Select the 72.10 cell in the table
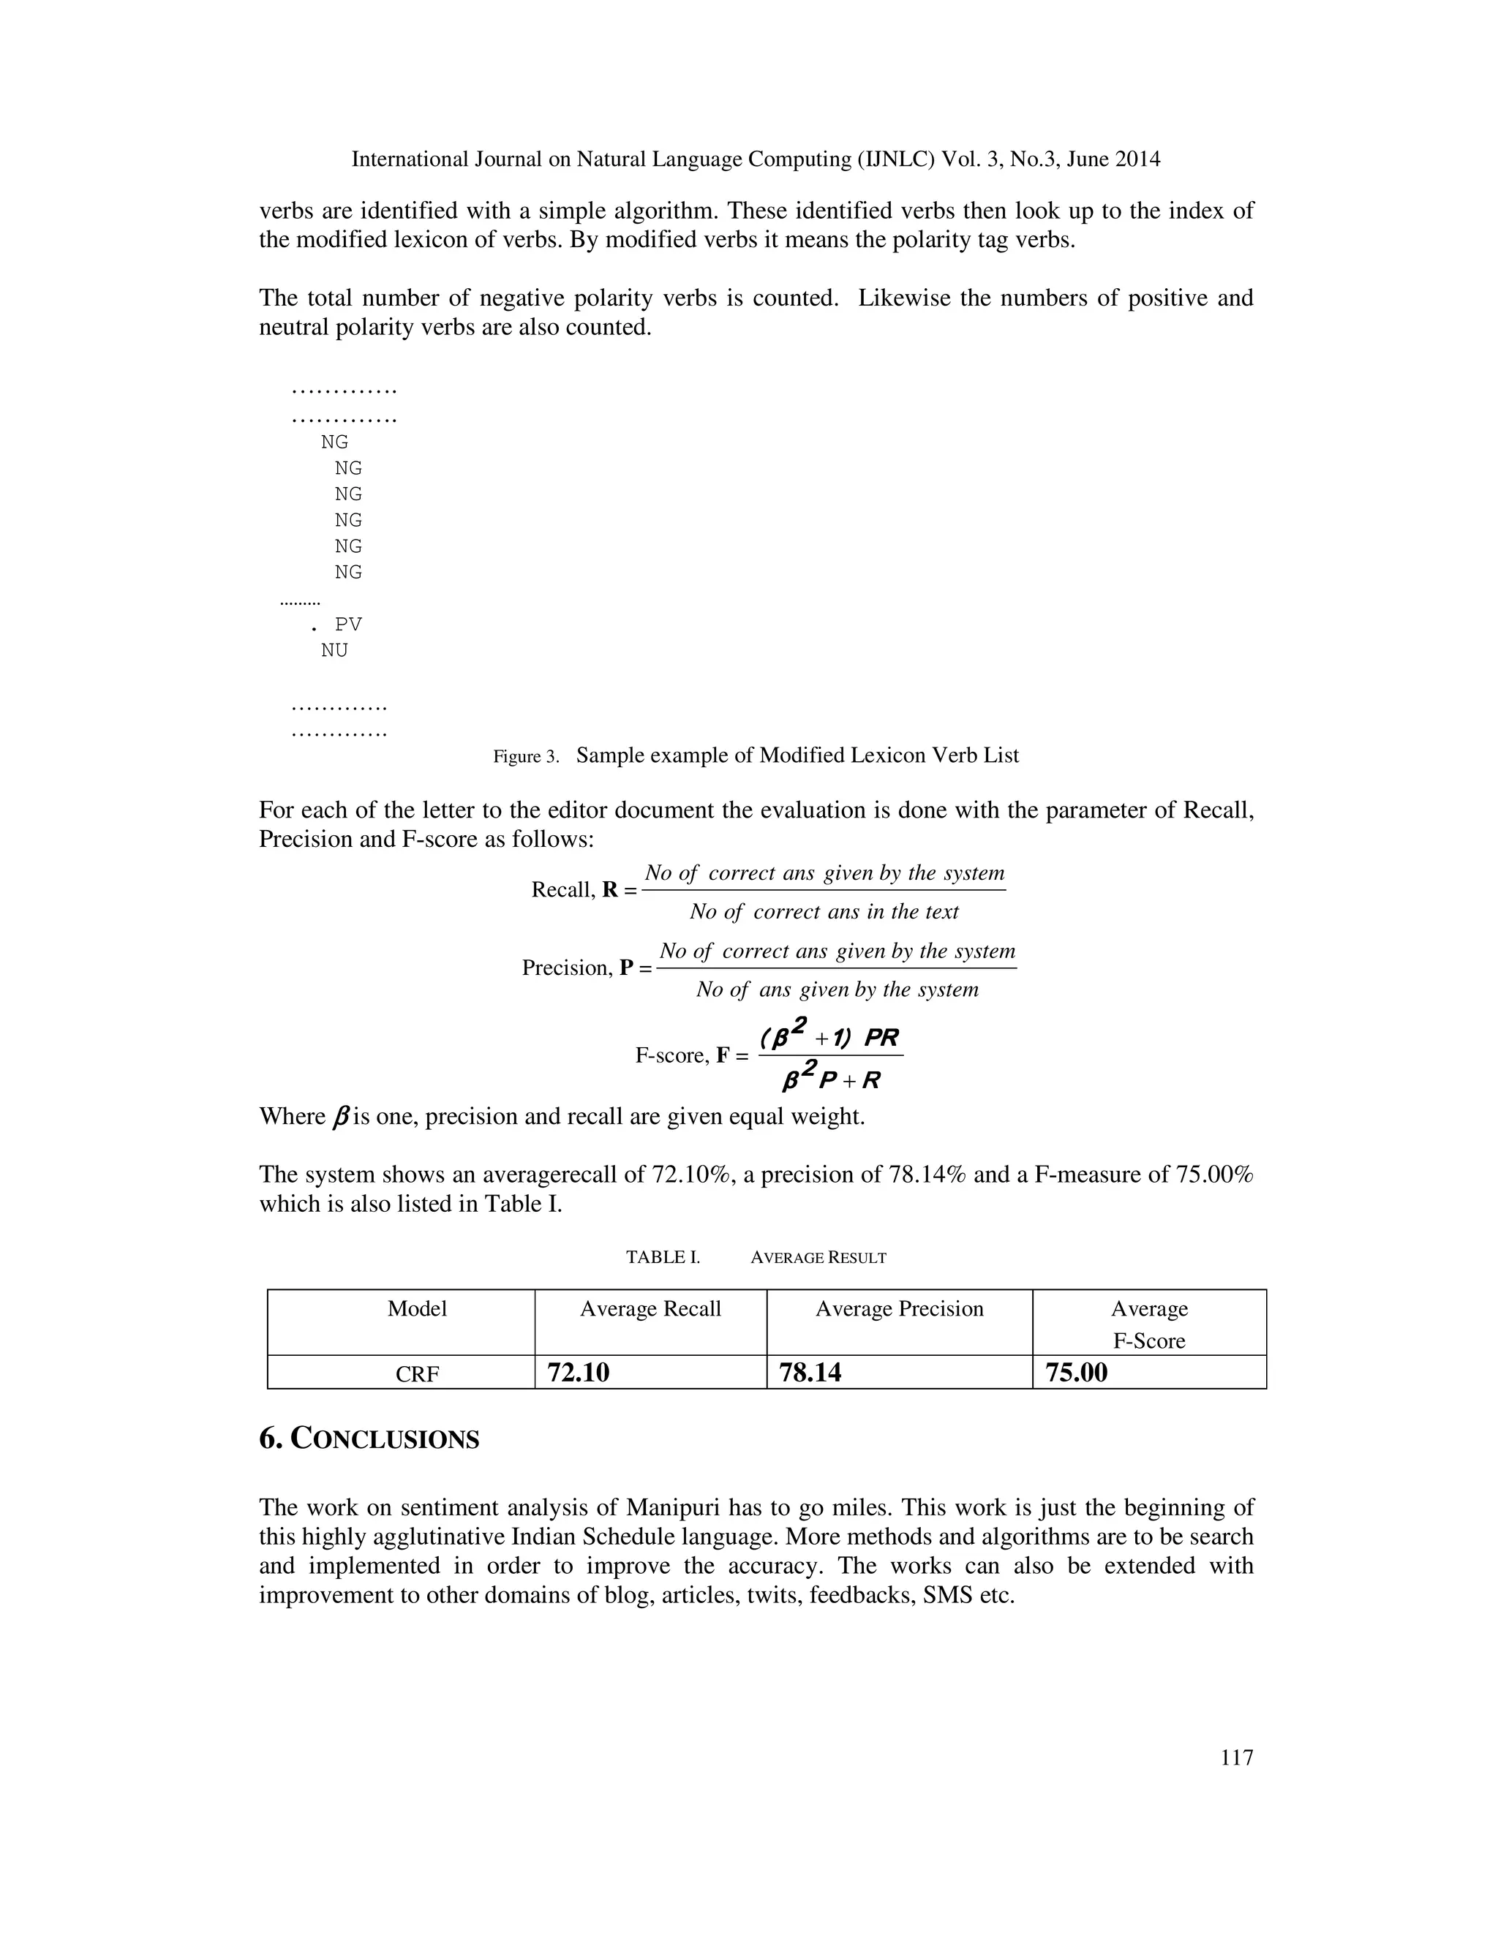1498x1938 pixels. (x=579, y=1373)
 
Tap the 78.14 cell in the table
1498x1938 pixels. (x=810, y=1373)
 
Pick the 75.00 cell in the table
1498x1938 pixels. (x=1077, y=1373)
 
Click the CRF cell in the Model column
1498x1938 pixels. (x=417, y=1375)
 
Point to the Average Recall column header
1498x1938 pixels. (x=650, y=1309)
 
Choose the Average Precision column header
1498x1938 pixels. (x=899, y=1309)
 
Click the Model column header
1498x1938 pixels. (x=417, y=1309)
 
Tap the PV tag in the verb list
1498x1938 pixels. (x=348, y=625)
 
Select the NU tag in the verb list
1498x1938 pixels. (x=334, y=650)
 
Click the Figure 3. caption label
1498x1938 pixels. (x=525, y=757)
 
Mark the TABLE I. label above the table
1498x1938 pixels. (x=663, y=1257)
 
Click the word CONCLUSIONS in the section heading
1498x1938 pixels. (x=385, y=1439)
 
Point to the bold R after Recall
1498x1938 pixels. (x=610, y=890)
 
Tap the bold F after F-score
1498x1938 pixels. (x=723, y=1056)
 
